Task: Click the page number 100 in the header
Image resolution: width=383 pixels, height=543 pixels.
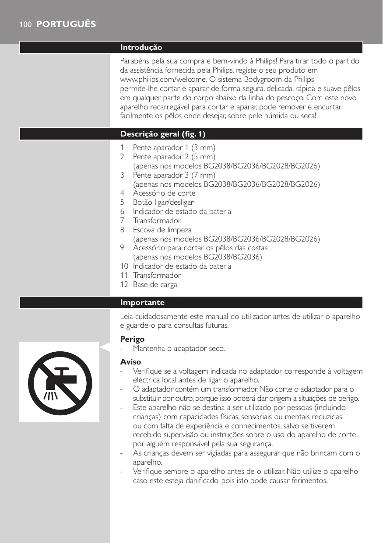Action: [x=25, y=25]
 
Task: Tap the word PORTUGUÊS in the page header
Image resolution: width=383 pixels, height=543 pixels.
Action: [x=66, y=25]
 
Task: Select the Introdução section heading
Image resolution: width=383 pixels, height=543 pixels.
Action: [x=141, y=47]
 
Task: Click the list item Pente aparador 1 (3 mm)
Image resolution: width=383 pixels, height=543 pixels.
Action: [x=174, y=147]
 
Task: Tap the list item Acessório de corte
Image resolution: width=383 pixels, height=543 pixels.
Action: [x=164, y=193]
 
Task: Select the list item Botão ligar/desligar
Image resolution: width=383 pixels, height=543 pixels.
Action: [x=163, y=202]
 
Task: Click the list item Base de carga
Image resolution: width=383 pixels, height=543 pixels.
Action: [x=155, y=285]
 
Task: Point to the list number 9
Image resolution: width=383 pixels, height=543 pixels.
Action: [x=123, y=248]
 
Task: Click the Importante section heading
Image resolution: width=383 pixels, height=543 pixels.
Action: [x=142, y=302]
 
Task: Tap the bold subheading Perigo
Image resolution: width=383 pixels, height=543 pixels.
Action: [x=132, y=339]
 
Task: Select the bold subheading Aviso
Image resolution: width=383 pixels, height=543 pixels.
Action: [x=130, y=362]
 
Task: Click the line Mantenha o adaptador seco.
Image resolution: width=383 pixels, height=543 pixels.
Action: [x=179, y=349]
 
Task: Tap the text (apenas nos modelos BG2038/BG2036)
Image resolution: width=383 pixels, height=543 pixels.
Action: [x=197, y=257]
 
